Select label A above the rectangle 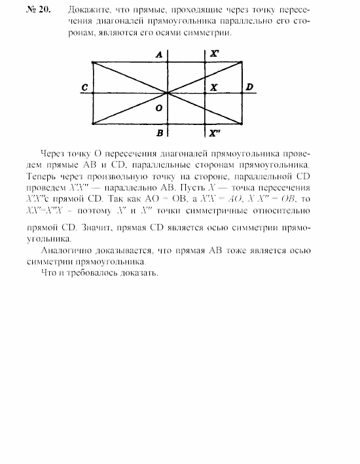pyautogui.click(x=158, y=55)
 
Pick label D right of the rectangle pyautogui.click(x=249, y=87)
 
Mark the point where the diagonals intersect pyautogui.click(x=168, y=93)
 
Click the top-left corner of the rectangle pyautogui.click(x=93, y=63)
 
